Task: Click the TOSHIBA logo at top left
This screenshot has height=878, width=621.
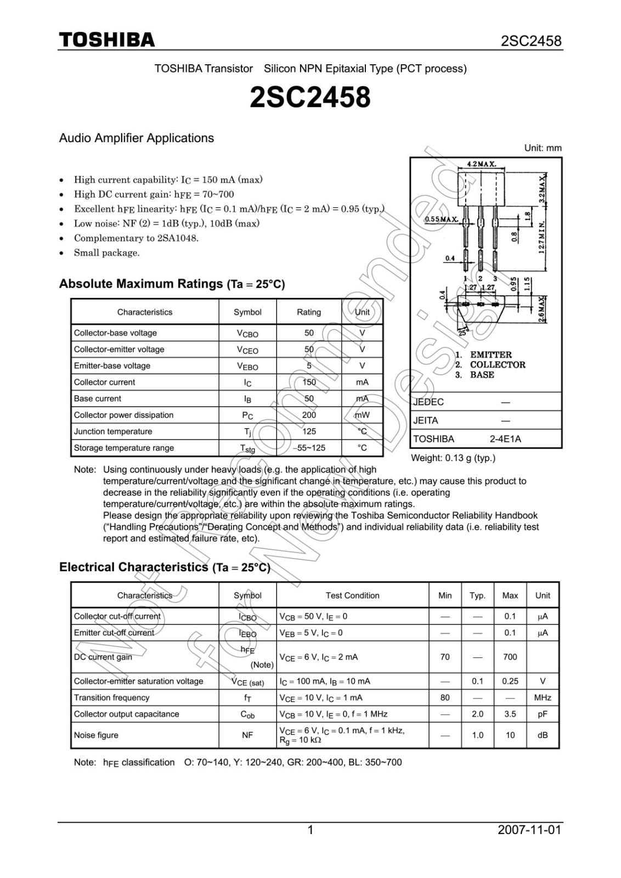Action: [107, 40]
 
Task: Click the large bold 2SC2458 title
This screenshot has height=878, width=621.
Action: [310, 98]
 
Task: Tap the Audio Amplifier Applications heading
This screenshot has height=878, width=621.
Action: [137, 138]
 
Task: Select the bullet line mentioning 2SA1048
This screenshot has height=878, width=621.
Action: [136, 238]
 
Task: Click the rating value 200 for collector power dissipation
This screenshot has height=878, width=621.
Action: [309, 415]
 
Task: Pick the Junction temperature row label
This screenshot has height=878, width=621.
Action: [113, 432]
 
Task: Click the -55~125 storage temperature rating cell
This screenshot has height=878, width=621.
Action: [309, 448]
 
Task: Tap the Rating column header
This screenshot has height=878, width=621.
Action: [309, 312]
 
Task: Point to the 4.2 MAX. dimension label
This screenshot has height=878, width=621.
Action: [481, 164]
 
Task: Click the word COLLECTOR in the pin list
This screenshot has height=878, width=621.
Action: [498, 365]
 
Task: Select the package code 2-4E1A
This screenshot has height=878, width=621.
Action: [505, 439]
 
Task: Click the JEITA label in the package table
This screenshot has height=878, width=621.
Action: [426, 421]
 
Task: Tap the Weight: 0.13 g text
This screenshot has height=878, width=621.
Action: [453, 458]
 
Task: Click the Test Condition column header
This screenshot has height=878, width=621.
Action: [352, 596]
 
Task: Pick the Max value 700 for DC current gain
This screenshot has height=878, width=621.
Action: [510, 657]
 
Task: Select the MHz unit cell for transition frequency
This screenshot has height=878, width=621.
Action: [542, 698]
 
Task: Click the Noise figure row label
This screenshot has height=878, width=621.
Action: [96, 735]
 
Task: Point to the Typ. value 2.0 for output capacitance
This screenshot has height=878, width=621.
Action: [477, 714]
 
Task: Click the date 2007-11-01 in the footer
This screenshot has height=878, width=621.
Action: [529, 830]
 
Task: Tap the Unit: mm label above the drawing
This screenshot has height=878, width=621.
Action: [543, 148]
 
